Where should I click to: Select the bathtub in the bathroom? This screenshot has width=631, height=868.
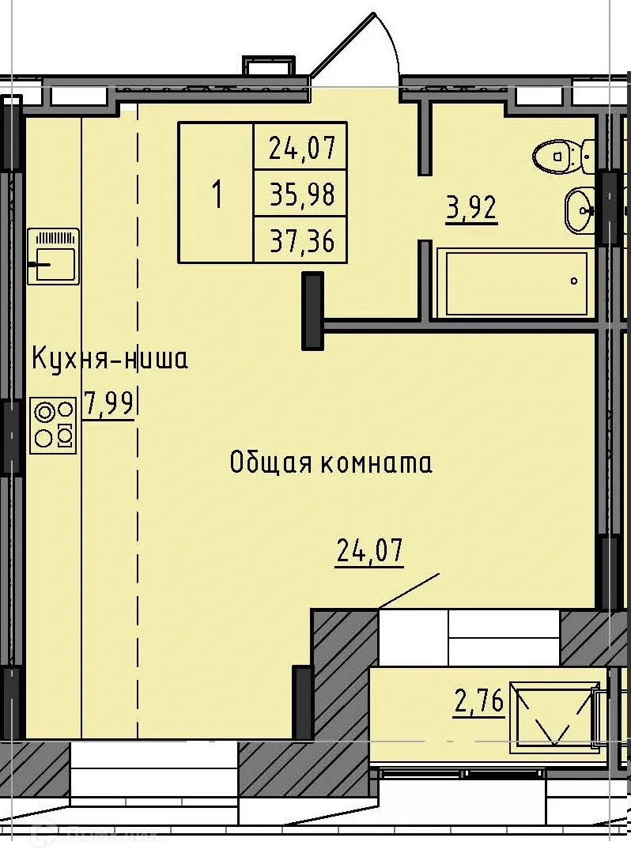coord(514,283)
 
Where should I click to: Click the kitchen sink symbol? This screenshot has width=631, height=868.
coord(53,256)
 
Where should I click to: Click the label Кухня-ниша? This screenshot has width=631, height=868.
coord(110,360)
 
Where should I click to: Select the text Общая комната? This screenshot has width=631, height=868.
coord(331,462)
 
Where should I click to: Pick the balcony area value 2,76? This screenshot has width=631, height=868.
coord(479,701)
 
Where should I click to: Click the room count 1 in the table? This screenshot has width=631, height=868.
coord(216,194)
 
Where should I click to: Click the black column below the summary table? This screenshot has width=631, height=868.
coord(314,311)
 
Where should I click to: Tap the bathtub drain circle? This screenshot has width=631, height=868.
coord(574,281)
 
